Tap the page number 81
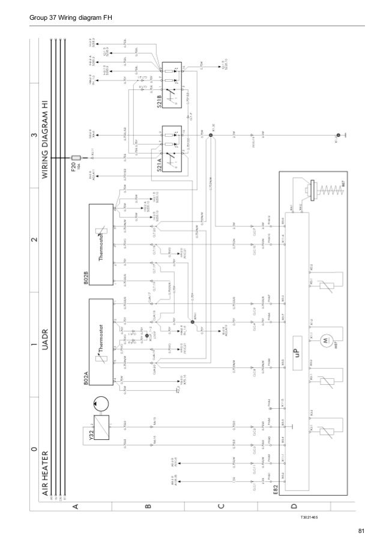pyautogui.click(x=361, y=530)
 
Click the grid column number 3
pyautogui.click(x=35, y=133)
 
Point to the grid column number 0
pyautogui.click(x=35, y=448)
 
